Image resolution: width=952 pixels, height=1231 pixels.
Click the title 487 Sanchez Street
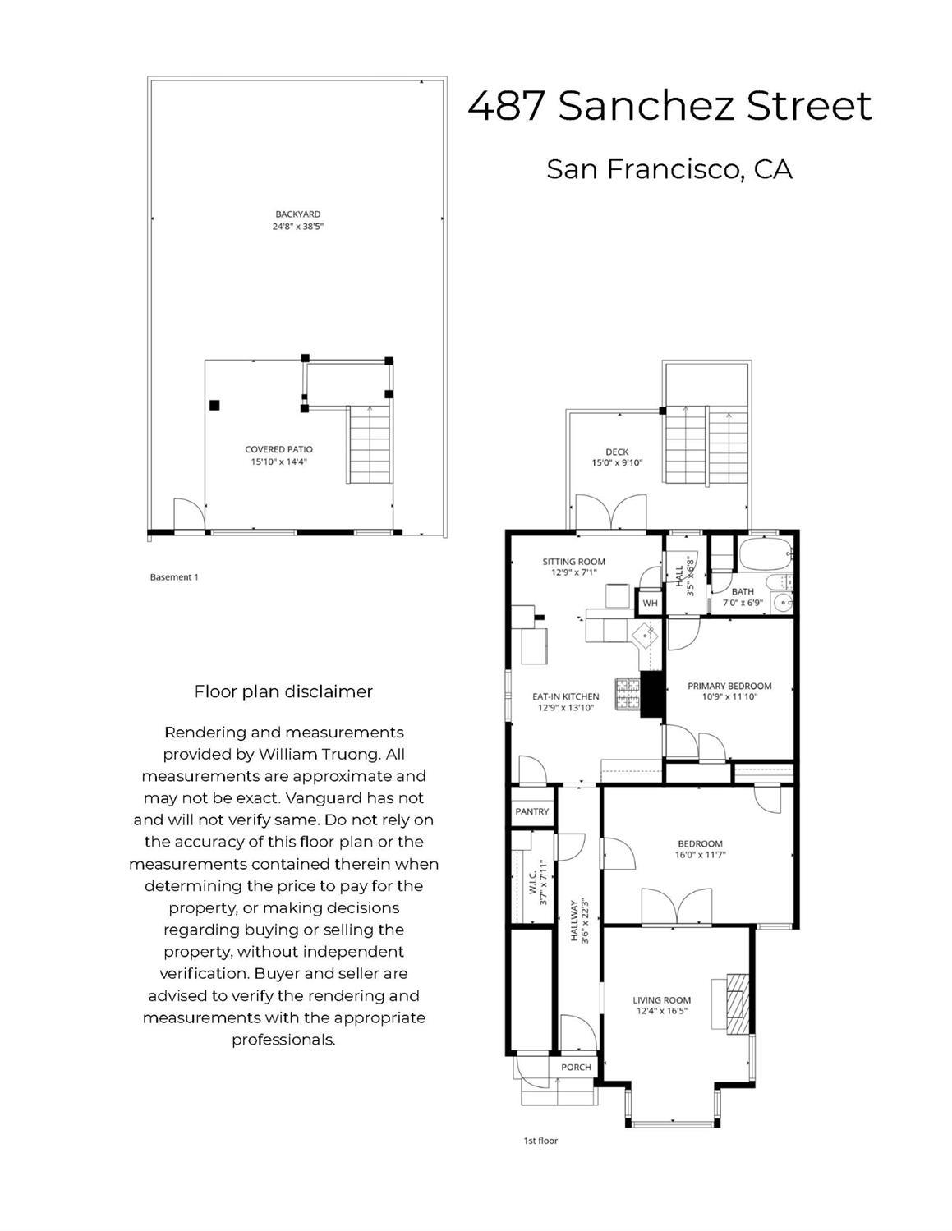tap(669, 106)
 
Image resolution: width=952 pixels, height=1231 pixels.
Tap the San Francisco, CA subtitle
tap(669, 169)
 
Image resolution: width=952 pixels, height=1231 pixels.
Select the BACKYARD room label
tap(298, 214)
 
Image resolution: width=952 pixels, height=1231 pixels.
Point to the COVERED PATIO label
tap(278, 449)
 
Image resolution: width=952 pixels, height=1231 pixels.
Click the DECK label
tap(617, 452)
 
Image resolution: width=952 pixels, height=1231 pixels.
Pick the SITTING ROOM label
tap(573, 562)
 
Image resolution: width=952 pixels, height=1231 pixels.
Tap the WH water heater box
tap(650, 603)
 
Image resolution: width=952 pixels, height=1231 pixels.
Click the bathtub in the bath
tap(765, 554)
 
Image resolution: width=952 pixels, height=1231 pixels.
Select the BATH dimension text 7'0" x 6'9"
tap(743, 602)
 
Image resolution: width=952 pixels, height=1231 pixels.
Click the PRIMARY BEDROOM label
tap(729, 686)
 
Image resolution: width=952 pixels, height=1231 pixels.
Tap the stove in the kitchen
tap(628, 694)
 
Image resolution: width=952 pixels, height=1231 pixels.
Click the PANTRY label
tap(531, 811)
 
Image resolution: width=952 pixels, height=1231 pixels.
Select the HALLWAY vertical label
tap(575, 920)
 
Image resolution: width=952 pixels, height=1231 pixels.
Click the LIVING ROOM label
tap(661, 999)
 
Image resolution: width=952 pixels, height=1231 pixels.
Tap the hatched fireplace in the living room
tap(738, 1003)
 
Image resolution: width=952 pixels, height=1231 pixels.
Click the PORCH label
tap(576, 1067)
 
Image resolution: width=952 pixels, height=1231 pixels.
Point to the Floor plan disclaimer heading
tap(283, 691)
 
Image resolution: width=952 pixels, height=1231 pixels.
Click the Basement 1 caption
tap(174, 577)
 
